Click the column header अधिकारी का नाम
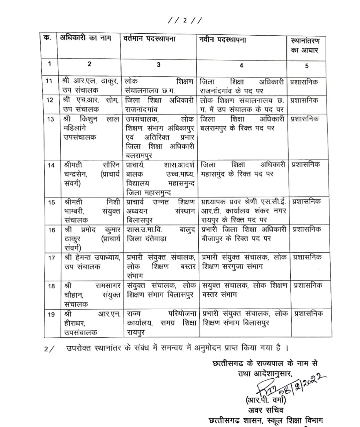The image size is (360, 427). pos(83,38)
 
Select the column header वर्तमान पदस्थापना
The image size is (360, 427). pos(149,39)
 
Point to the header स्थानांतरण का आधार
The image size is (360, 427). pos(305,45)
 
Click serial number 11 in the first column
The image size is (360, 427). pos(49,81)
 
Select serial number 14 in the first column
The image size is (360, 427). pos(51,165)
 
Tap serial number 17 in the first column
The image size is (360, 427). pos(51,258)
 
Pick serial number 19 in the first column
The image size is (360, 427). pos(51,314)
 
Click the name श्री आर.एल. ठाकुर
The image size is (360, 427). pos(91,81)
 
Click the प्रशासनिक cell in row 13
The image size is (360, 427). pos(305,119)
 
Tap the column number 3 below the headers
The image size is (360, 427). pos(158,64)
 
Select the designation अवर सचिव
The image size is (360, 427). pos(266,410)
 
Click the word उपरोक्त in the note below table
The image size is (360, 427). pos(79,348)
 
